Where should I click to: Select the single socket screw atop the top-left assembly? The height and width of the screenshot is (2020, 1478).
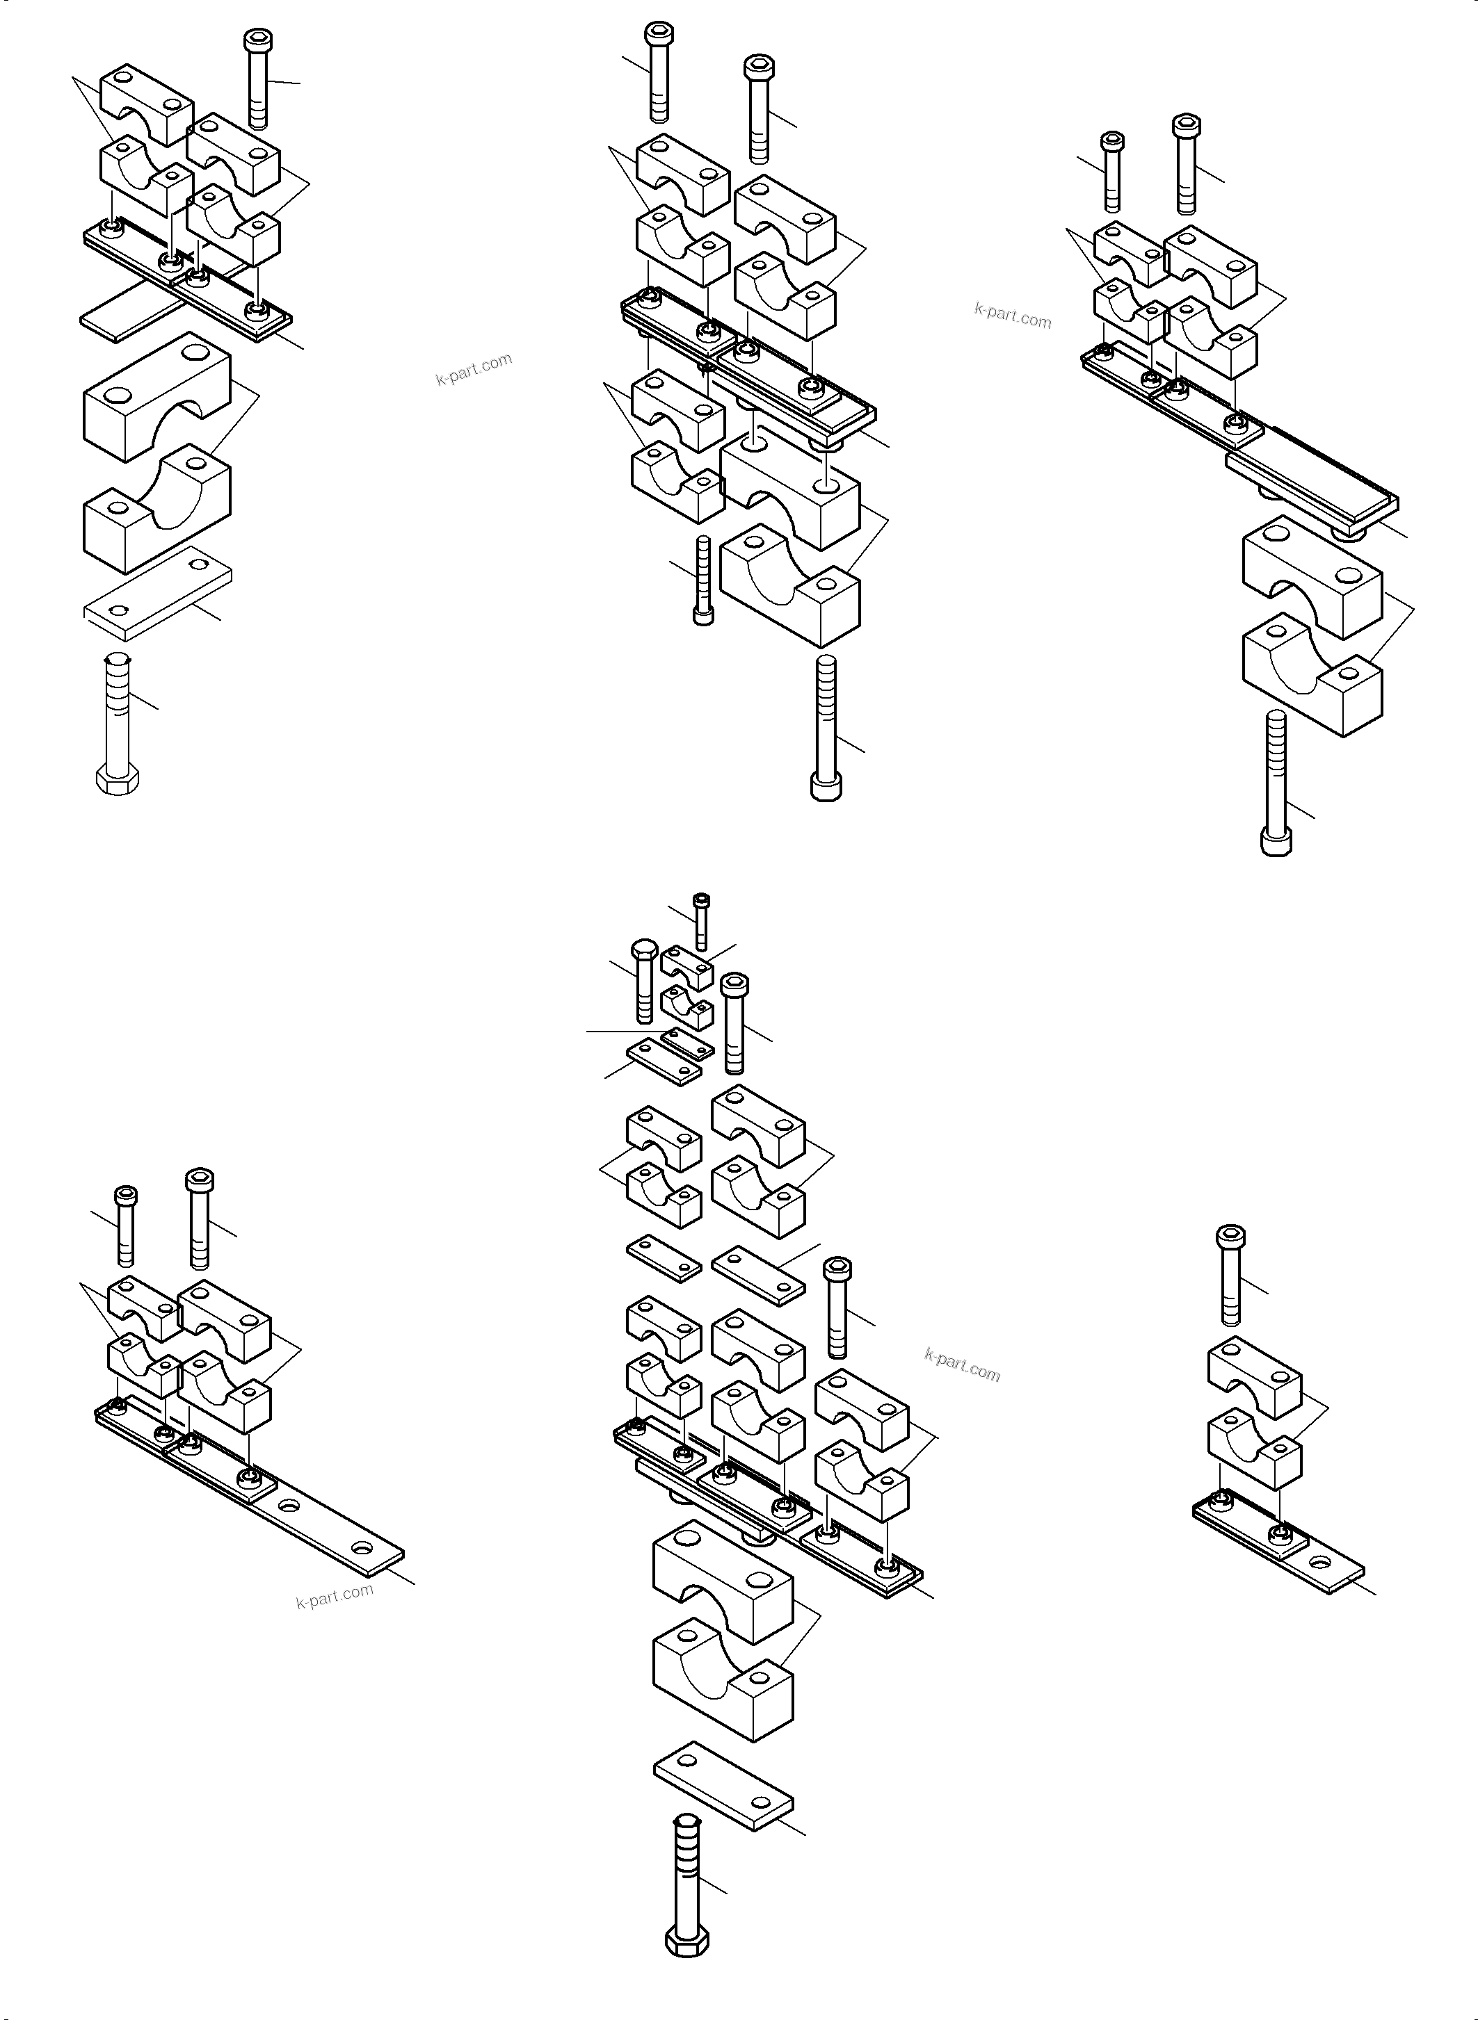coord(257,79)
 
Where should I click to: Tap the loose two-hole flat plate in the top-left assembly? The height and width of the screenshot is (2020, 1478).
coord(159,594)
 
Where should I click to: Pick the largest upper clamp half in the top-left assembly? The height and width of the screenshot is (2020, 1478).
coord(157,397)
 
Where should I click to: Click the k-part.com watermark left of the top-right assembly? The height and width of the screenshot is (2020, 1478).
coord(1013,315)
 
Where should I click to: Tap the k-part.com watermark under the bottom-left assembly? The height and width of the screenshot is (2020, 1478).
coord(335,1595)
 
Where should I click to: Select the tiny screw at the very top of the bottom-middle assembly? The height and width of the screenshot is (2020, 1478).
coord(701,921)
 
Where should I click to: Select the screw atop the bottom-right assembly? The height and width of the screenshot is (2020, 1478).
coord(1231,1274)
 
